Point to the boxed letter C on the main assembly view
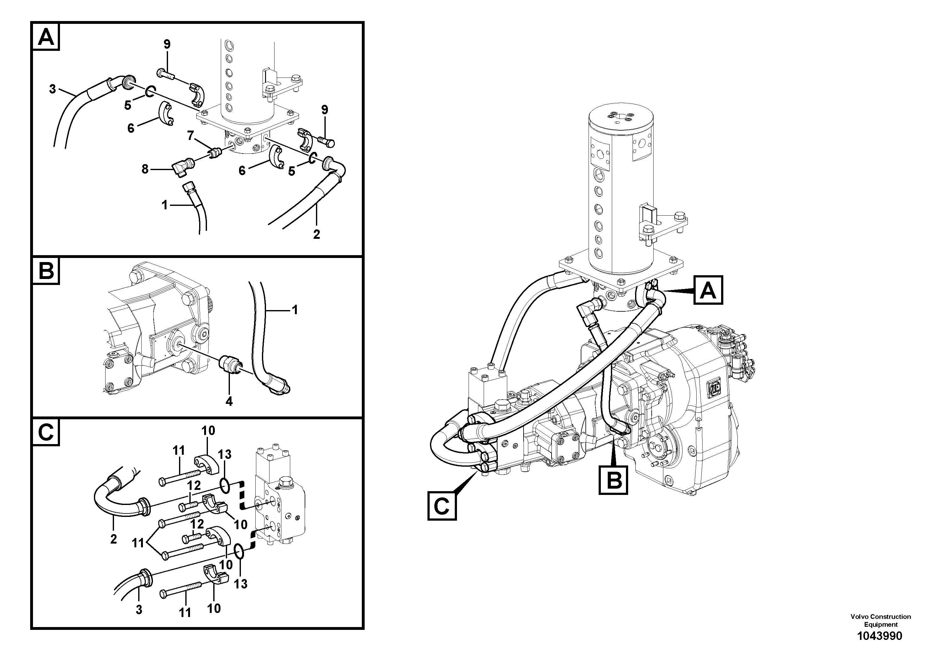(x=442, y=506)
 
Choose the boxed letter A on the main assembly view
(x=708, y=290)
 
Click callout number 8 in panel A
(x=145, y=169)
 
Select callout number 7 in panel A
(x=190, y=136)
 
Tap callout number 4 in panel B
(x=229, y=401)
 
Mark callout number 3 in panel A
(x=52, y=89)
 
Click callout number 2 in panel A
(x=316, y=234)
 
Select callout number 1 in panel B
(x=295, y=310)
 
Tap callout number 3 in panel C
(x=139, y=609)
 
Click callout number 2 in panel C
(x=113, y=539)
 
